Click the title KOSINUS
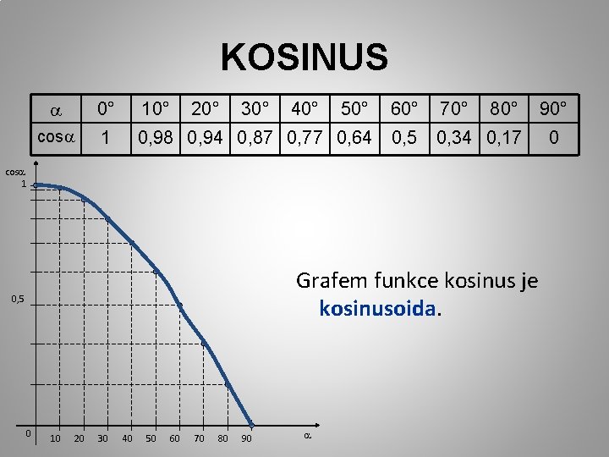pyautogui.click(x=304, y=58)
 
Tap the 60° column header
pyautogui.click(x=404, y=109)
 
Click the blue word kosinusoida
pyautogui.click(x=379, y=309)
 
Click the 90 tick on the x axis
pyautogui.click(x=246, y=438)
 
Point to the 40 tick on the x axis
pyautogui.click(x=127, y=438)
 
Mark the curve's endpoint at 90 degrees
pyautogui.click(x=251, y=424)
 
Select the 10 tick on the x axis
pyautogui.click(x=55, y=438)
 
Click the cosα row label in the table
pyautogui.click(x=56, y=137)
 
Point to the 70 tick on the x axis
pyautogui.click(x=199, y=438)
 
